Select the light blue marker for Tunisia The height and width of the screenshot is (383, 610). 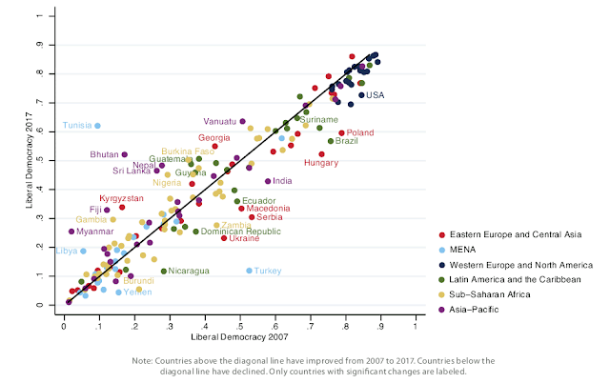pos(97,126)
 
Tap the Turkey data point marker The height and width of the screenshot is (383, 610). pos(250,271)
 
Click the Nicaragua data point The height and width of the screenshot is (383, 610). pos(164,271)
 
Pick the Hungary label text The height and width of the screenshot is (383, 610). pos(321,163)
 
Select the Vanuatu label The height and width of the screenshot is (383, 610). pos(220,121)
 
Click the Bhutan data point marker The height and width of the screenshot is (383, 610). pos(125,154)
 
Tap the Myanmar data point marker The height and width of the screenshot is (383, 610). pos(71,232)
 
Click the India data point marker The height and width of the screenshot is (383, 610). pos(268,181)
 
